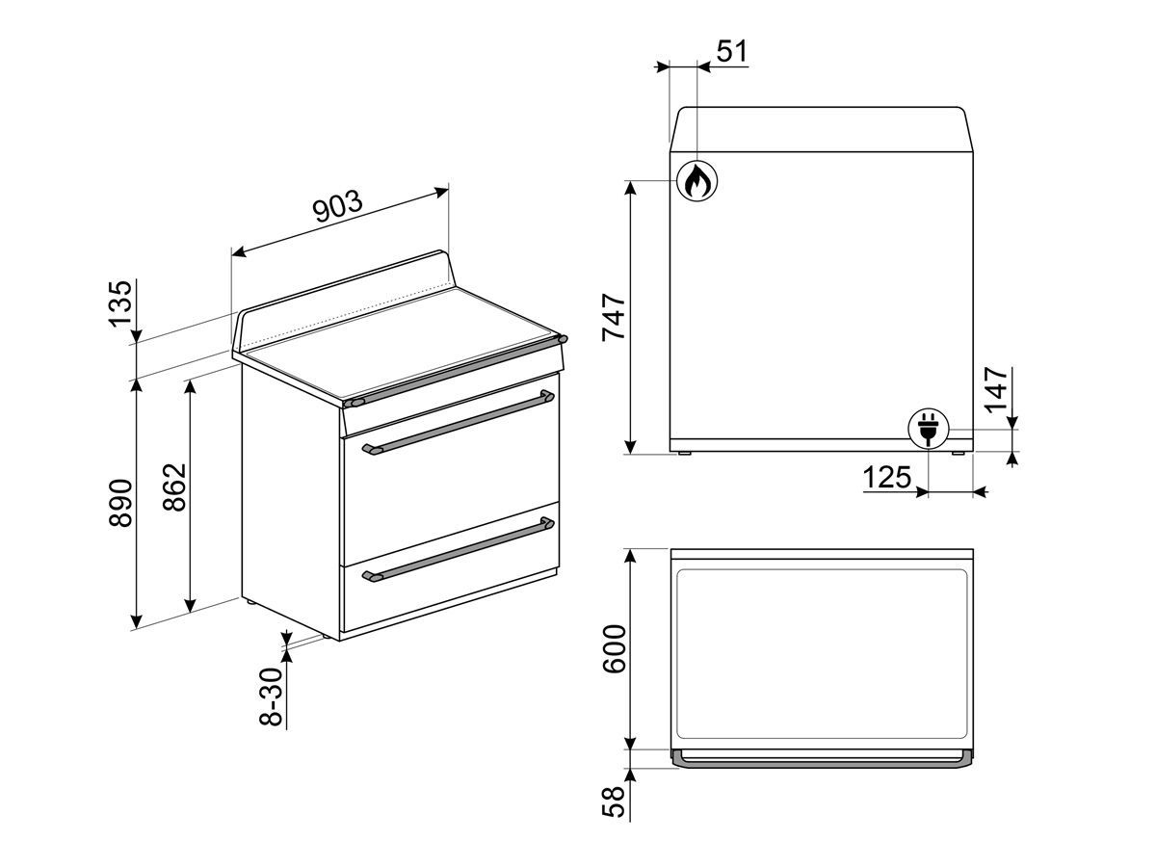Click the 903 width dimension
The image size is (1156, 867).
click(337, 206)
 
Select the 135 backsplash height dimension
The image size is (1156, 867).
click(121, 303)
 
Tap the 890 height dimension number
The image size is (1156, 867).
click(121, 503)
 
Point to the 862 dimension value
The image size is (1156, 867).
click(175, 486)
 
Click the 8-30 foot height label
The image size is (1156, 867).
click(272, 696)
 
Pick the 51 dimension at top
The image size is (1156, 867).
click(732, 51)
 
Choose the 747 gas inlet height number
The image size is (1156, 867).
click(614, 318)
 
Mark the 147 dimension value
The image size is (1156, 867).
click(996, 390)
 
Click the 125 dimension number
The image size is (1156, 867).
click(887, 478)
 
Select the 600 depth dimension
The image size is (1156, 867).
click(614, 649)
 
